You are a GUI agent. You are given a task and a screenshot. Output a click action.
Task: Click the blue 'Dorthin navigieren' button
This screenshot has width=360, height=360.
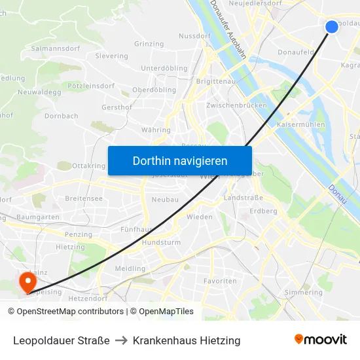coord(179,160)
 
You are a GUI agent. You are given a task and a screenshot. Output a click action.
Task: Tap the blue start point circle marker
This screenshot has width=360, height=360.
coord(332,26)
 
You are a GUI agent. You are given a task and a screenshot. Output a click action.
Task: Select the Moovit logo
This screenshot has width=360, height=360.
coord(320,340)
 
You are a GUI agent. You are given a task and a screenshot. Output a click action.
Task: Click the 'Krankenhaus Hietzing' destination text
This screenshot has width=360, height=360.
coord(187,340)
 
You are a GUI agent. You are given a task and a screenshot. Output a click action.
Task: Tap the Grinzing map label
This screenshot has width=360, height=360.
coord(149,44)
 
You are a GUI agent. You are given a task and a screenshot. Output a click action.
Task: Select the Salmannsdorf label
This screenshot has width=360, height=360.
coord(56,48)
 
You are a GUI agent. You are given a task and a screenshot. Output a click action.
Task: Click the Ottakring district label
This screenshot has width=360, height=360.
coord(88,166)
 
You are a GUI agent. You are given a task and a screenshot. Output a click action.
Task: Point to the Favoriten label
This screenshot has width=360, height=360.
coord(220,281)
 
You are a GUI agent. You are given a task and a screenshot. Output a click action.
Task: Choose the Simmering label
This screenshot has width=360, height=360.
coord(304,293)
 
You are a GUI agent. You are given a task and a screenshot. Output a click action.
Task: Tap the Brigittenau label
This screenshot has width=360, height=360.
coord(216,81)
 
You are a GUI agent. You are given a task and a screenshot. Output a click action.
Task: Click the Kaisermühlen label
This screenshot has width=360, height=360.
coord(301,124)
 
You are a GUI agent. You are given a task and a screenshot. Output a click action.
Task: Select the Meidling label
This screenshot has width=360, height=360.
coord(130,268)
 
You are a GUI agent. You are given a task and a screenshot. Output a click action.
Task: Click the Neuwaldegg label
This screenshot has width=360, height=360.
coord(39,92)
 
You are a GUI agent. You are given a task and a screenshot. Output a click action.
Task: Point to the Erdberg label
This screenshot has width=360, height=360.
coord(263,211)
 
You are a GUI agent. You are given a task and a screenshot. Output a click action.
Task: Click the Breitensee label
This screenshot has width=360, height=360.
coord(84,198)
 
